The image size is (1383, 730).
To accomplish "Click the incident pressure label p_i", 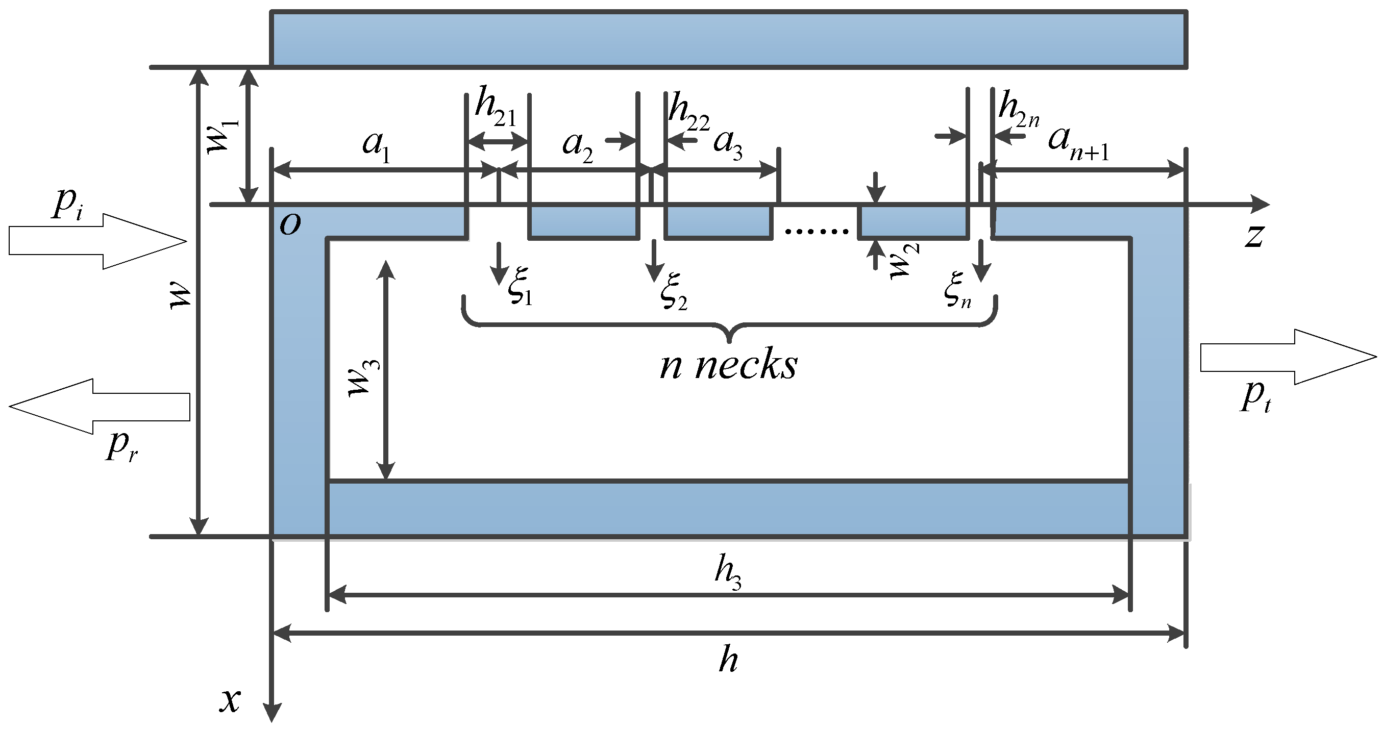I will (68, 205).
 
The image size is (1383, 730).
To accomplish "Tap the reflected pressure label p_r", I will (121, 446).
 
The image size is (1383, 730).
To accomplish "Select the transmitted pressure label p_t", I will (1256, 397).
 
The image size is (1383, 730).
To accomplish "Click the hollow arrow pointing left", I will (100, 407).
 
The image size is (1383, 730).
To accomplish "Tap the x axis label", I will (230, 700).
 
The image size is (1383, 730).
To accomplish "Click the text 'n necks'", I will (729, 365).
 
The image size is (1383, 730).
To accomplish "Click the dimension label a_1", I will (376, 145).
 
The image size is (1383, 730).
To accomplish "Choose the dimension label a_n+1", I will (1078, 142).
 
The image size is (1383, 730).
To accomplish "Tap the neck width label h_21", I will (495, 107).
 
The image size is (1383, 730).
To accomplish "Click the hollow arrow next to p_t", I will (1289, 357).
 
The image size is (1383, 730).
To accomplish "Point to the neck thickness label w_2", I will (905, 261).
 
